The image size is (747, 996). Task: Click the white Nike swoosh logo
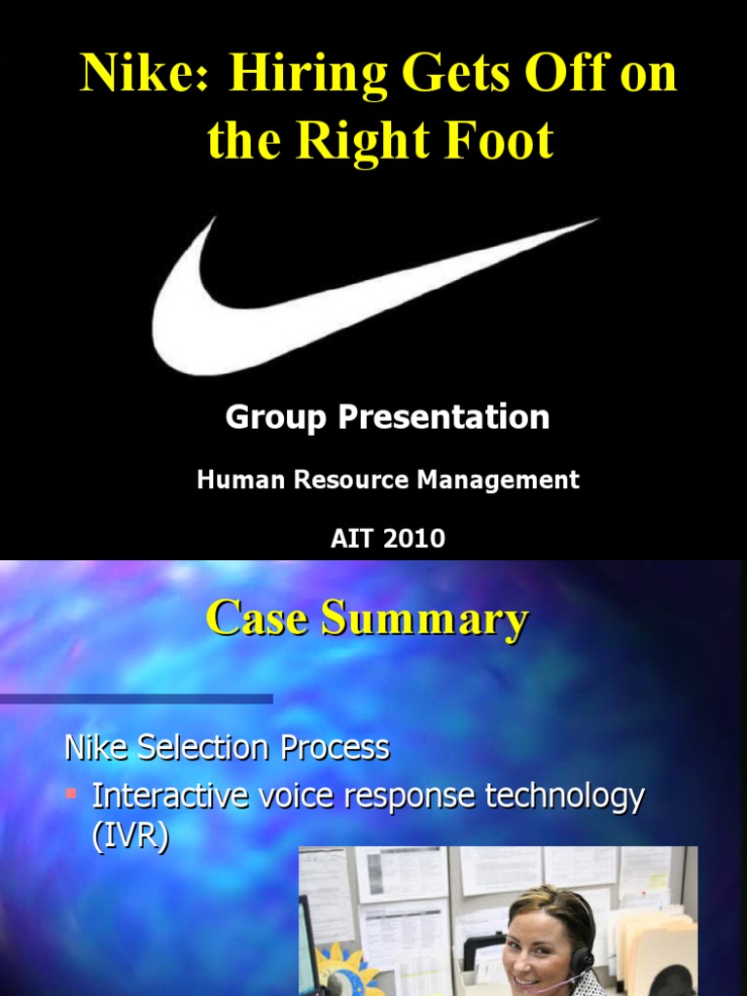click(x=292, y=311)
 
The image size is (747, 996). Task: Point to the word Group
click(x=276, y=417)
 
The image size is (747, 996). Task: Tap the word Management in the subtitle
click(x=503, y=480)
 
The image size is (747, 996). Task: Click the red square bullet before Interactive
click(x=70, y=795)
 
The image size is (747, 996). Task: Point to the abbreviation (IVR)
click(x=130, y=837)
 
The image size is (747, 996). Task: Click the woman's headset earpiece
click(x=581, y=959)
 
